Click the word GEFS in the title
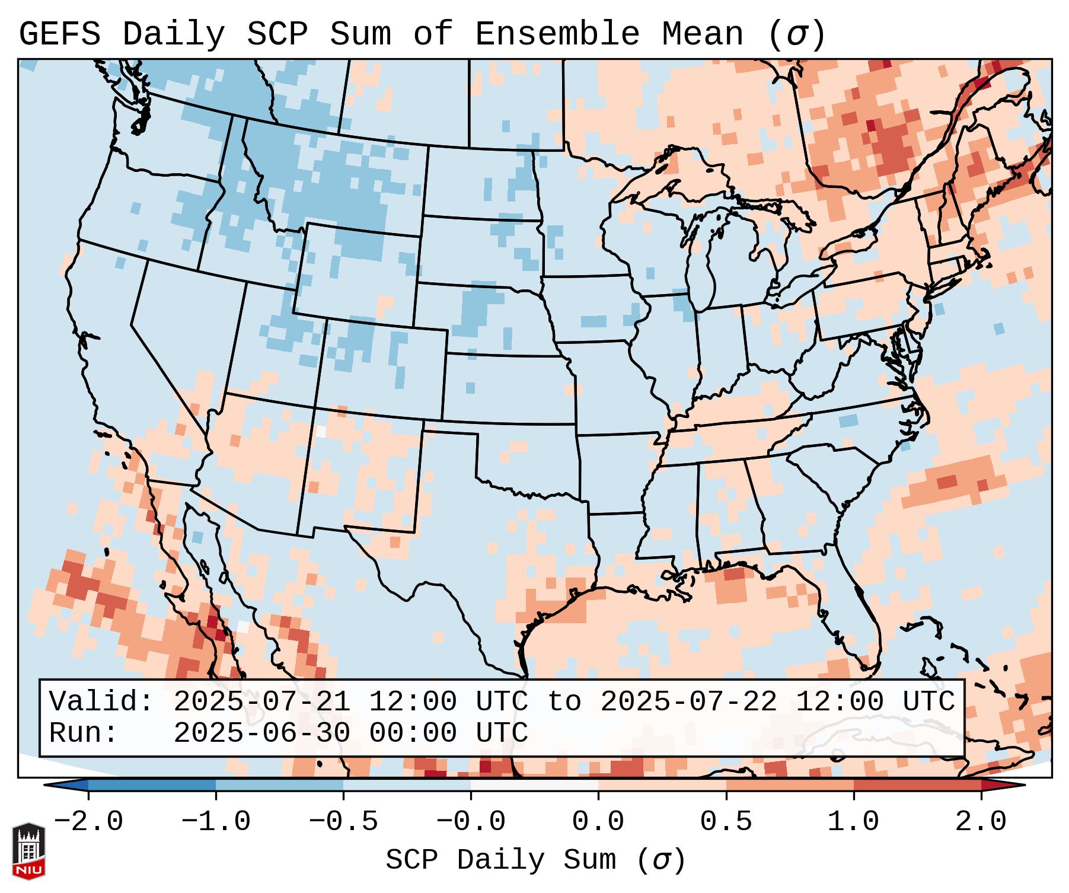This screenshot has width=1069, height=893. click(59, 34)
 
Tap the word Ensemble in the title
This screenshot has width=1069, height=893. click(557, 34)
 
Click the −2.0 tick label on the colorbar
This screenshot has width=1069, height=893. click(88, 822)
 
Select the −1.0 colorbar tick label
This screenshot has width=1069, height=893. click(215, 822)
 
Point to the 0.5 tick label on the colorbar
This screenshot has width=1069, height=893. click(726, 822)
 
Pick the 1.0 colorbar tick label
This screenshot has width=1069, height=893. click(853, 822)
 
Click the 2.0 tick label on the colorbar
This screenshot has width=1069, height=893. click(981, 822)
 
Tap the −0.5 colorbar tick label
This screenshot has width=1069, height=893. click(343, 822)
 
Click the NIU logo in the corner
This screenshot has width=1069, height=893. click(28, 851)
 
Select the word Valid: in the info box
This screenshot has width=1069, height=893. click(101, 702)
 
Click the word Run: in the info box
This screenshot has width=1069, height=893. click(83, 733)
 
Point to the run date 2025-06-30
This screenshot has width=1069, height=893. click(261, 733)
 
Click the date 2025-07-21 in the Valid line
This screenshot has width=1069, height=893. click(261, 702)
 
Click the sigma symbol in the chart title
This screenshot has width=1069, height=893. click(796, 34)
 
